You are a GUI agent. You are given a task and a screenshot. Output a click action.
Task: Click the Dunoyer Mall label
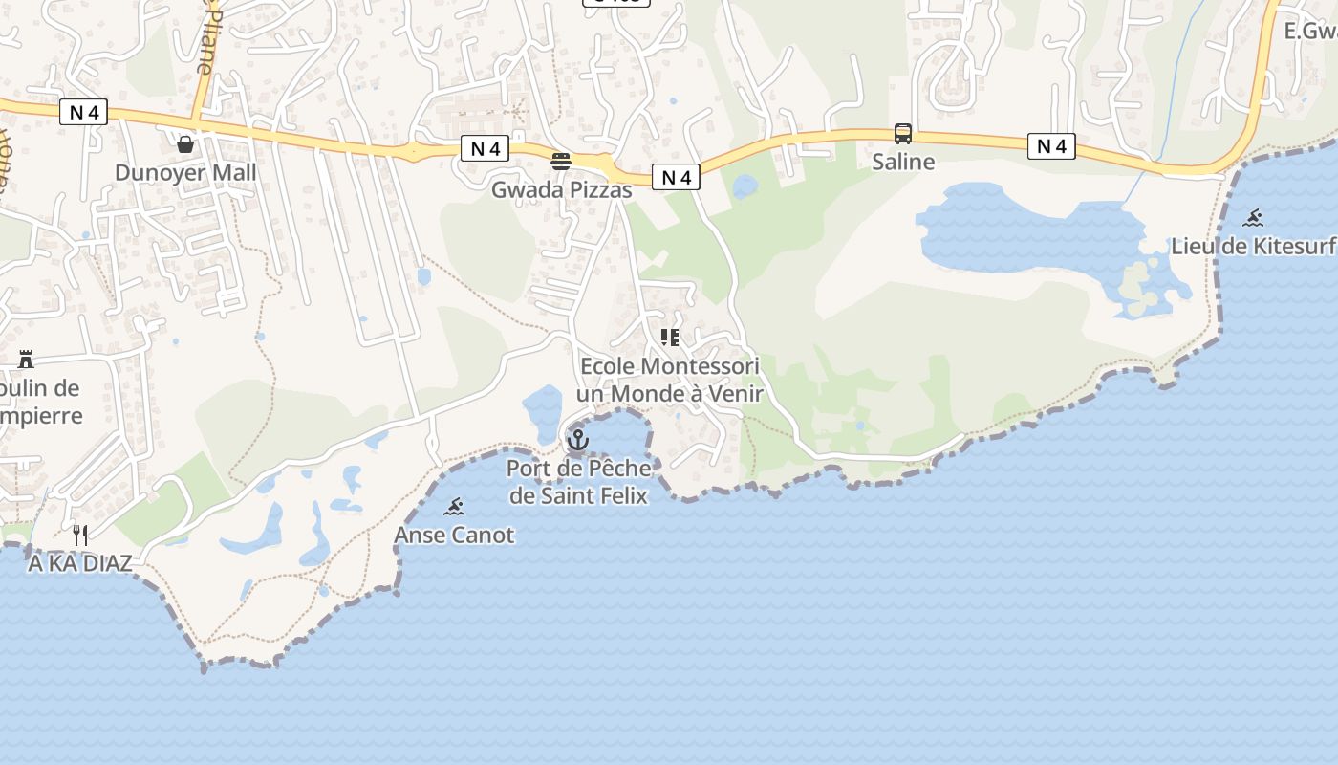(x=185, y=173)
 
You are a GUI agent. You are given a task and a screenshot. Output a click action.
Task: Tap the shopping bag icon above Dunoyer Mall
(x=185, y=144)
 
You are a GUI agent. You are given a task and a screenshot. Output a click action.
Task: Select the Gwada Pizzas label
(x=561, y=190)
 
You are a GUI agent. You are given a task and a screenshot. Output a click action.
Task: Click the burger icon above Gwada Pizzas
(x=561, y=161)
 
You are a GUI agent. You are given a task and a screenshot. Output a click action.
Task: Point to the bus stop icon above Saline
(x=902, y=134)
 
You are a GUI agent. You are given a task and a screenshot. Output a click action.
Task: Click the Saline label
(x=902, y=162)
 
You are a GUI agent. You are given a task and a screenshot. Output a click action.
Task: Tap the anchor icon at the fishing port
(x=577, y=440)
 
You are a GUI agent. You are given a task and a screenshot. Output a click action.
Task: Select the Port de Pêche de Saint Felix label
(x=579, y=482)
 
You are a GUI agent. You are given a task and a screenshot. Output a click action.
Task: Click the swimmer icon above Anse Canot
(x=454, y=507)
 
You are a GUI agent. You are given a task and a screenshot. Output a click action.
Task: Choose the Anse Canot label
(x=454, y=535)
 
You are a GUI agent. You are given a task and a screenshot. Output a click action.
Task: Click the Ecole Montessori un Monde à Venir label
(x=669, y=380)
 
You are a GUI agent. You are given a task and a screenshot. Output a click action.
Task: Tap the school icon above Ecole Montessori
(x=669, y=338)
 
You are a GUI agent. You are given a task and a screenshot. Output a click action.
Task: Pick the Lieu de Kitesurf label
(x=1253, y=246)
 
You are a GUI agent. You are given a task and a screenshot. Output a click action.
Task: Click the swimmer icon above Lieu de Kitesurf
(x=1253, y=218)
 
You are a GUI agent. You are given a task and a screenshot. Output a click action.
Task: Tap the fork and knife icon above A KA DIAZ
(x=80, y=535)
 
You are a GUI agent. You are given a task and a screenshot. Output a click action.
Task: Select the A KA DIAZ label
(x=80, y=563)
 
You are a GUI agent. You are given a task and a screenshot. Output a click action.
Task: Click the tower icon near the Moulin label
(x=26, y=360)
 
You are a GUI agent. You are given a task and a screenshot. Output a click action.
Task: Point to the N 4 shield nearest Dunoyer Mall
(x=84, y=113)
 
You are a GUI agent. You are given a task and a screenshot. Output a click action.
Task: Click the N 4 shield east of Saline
(x=1051, y=146)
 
